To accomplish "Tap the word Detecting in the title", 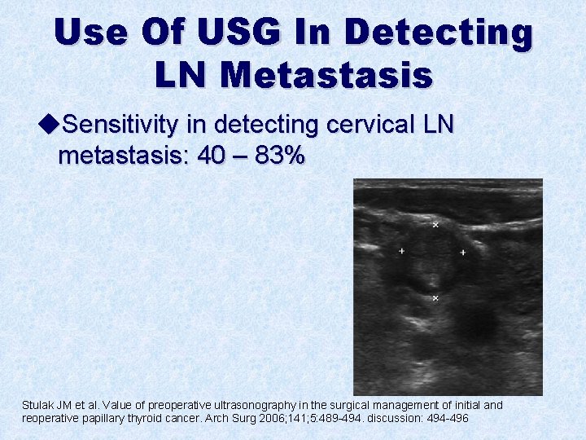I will click(x=439, y=33).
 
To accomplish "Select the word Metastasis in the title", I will click(x=326, y=75).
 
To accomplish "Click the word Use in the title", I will click(x=91, y=33).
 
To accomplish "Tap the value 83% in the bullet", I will click(x=281, y=156).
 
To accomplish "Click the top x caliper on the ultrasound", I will click(x=435, y=224).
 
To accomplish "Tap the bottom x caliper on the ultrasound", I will click(x=435, y=298).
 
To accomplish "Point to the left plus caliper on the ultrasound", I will click(x=401, y=251).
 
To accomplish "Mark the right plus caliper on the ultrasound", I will click(x=463, y=253).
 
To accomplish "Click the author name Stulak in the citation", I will click(x=39, y=405).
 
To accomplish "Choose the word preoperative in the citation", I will click(x=146, y=405).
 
